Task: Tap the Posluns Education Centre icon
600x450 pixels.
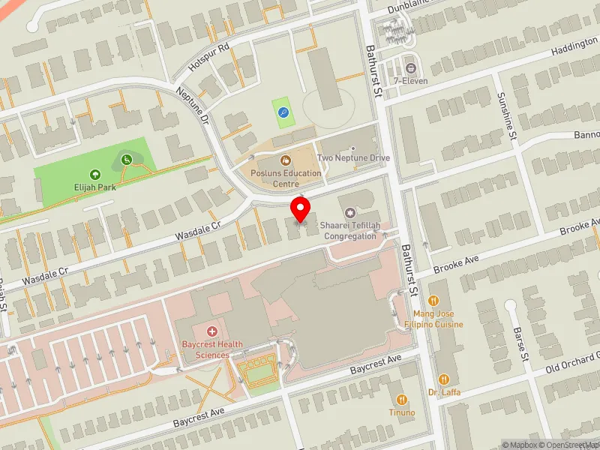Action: (x=286, y=160)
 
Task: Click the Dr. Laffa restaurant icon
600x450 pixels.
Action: (x=444, y=379)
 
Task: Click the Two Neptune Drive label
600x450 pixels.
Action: (x=353, y=158)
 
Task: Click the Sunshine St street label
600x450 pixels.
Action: (x=506, y=116)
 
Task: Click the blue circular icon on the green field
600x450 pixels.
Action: (x=283, y=112)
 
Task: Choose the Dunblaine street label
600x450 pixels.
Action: (x=411, y=7)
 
